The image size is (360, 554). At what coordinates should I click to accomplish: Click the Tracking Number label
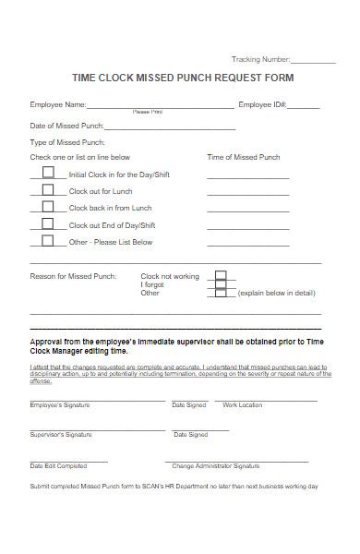[261, 58]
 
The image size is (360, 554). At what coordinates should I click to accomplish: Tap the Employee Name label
[58, 104]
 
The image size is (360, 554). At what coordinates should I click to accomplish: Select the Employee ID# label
[263, 104]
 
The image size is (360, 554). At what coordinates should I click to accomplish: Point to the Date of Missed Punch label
[66, 126]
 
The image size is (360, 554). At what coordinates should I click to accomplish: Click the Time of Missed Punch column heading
[244, 157]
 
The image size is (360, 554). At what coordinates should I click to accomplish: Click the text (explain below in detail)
[277, 293]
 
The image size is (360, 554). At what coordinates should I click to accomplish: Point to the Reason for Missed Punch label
[73, 276]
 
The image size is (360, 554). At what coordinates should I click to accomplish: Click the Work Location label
[243, 405]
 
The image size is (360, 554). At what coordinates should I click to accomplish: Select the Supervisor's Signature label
[61, 434]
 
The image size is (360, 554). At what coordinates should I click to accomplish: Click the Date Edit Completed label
[58, 466]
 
